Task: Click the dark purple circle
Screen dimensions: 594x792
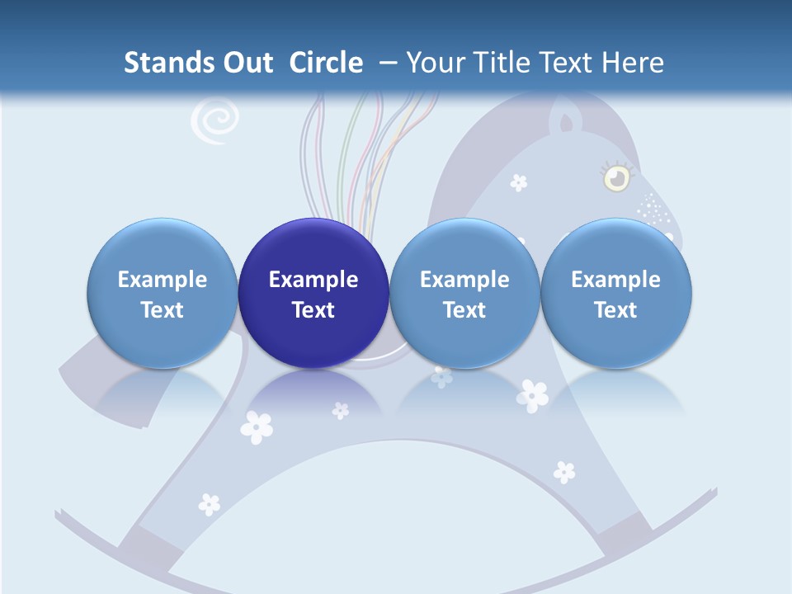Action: click(313, 293)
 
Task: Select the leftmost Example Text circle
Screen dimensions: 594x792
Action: click(163, 293)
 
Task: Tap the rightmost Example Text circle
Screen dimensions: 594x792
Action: click(615, 293)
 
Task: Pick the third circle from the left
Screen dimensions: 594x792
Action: click(464, 293)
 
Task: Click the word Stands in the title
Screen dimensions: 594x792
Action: click(169, 63)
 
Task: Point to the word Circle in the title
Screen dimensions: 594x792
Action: click(326, 63)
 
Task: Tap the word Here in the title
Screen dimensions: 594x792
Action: click(634, 63)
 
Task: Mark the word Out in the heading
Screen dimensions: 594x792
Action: click(248, 63)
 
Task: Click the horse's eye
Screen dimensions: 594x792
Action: click(615, 177)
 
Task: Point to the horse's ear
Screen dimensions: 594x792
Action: click(566, 121)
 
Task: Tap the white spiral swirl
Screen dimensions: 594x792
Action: click(214, 122)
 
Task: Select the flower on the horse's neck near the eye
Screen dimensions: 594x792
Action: click(518, 182)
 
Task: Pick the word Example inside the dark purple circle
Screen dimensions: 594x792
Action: click(313, 280)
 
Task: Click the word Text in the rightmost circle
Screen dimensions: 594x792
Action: click(615, 310)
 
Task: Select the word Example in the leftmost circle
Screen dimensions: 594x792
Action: click(163, 280)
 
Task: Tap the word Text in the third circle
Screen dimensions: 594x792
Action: click(464, 310)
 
